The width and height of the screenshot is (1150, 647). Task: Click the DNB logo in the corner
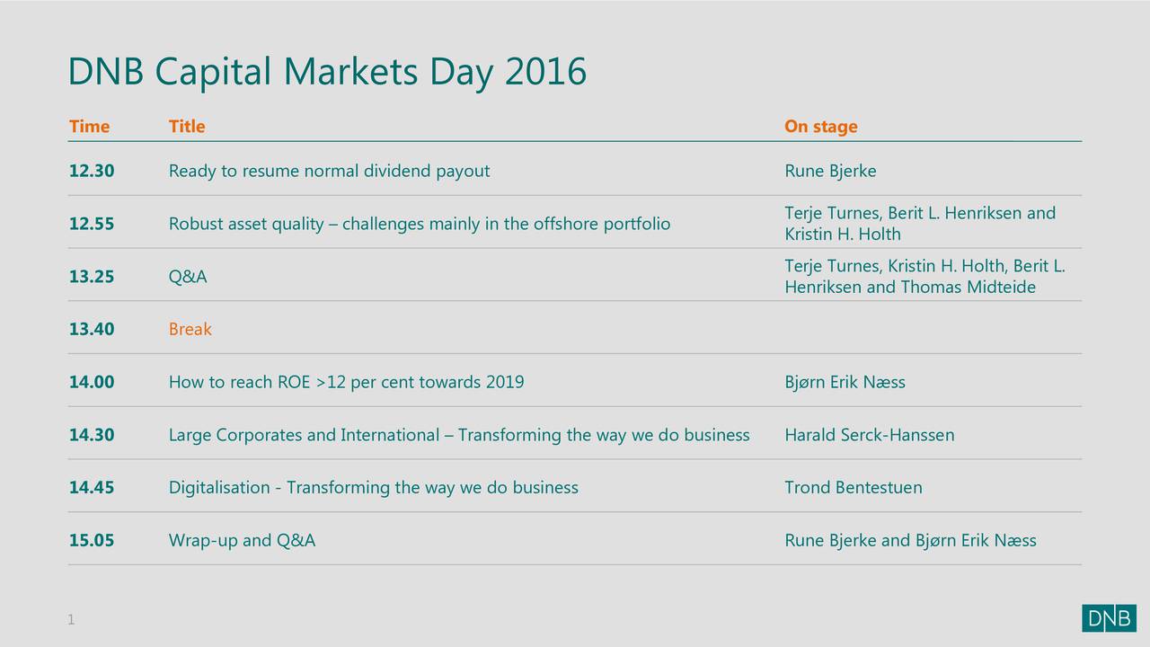(1109, 618)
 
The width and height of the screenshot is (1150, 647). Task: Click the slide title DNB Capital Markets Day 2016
(327, 72)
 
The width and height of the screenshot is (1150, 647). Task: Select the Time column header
(89, 127)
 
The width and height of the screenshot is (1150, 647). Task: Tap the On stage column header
(820, 127)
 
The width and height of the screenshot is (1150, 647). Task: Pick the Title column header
(187, 127)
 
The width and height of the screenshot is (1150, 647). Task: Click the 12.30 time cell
(92, 171)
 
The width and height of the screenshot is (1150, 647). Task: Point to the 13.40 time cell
(92, 329)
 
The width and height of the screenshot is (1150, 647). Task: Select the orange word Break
(190, 329)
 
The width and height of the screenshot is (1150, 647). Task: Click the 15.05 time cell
(92, 540)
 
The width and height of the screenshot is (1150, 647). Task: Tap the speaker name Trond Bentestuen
(853, 487)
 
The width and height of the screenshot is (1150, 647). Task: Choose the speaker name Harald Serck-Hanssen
(869, 435)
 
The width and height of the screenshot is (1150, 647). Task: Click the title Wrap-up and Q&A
(242, 540)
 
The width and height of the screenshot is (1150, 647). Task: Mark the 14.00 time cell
(92, 382)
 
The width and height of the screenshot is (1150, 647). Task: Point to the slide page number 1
(71, 619)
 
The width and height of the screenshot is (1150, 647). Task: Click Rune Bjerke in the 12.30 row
(830, 171)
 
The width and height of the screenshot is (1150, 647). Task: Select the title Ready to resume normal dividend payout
(329, 171)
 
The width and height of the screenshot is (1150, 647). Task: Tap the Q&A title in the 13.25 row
(188, 277)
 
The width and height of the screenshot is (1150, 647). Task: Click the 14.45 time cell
(92, 487)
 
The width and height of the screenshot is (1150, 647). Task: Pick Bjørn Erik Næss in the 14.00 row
(845, 382)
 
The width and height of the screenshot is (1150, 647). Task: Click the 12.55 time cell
(92, 224)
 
